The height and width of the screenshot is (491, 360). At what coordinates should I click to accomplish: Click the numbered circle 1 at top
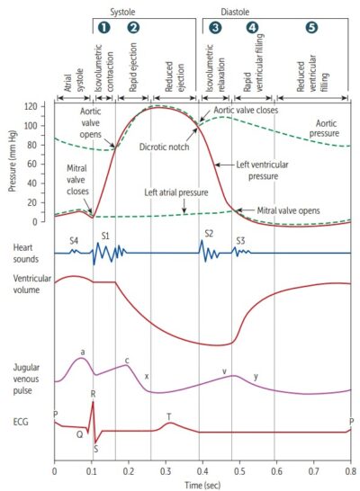coord(103,28)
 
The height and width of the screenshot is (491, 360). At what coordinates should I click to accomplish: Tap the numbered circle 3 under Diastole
coord(214,28)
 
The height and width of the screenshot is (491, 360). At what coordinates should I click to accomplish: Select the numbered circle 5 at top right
coord(311,28)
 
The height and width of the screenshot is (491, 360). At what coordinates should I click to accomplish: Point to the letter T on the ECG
coord(168,416)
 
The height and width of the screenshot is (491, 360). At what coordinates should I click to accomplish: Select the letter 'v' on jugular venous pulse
coord(224,370)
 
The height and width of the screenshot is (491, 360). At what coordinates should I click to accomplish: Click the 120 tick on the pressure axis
coord(42,106)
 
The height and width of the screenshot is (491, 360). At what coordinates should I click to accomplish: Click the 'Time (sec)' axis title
coord(202,484)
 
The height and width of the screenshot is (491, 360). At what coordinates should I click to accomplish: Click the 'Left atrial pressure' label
coord(180,192)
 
